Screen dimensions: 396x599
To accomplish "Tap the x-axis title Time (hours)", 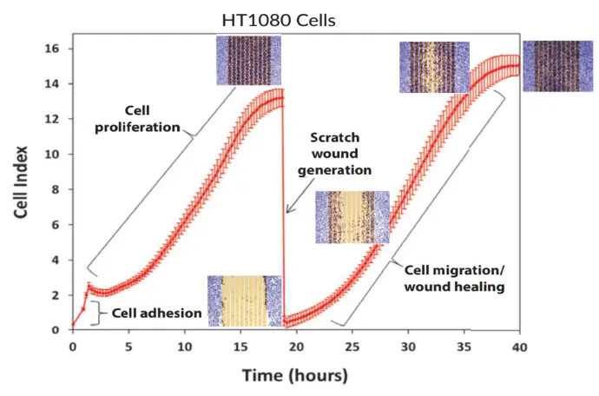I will [x=294, y=375].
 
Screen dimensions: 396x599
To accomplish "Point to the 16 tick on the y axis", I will [x=53, y=49].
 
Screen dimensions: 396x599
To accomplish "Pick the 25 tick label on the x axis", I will [x=352, y=347].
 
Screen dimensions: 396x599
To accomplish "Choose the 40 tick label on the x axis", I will [x=519, y=347].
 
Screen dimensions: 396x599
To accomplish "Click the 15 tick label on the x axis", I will [x=240, y=347].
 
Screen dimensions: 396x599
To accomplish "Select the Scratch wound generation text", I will [x=342, y=154].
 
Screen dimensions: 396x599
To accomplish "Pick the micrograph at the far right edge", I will [x=554, y=65].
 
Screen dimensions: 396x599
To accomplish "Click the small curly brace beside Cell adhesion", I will [x=95, y=313].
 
